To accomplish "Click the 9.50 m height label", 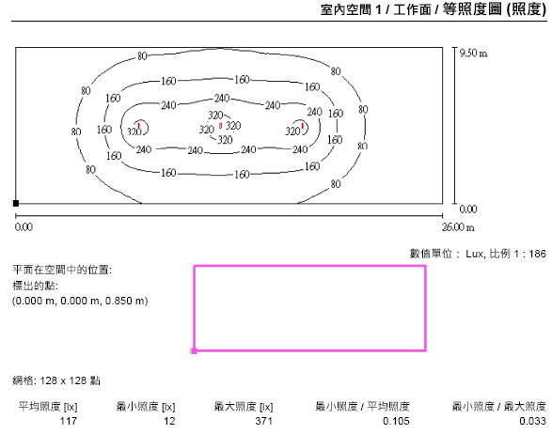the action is (474, 54).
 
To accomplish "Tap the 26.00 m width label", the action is (458, 227).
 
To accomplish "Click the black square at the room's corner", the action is (16, 203).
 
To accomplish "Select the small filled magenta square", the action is (194, 350).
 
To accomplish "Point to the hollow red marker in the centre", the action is (220, 126).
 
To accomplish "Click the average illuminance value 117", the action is (69, 421).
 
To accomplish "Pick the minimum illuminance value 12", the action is (169, 421).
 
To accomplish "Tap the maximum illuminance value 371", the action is (264, 421).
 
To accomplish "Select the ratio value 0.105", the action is (396, 421).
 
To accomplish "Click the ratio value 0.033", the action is (532, 421).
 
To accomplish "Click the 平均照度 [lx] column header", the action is (48, 407).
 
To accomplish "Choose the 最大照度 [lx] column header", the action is (244, 407).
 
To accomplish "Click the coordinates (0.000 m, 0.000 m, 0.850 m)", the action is (80, 301).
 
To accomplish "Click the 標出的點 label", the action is (35, 286).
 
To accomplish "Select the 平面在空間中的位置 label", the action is (62, 270).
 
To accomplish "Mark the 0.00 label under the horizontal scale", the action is (24, 227).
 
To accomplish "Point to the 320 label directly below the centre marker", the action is (225, 140).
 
